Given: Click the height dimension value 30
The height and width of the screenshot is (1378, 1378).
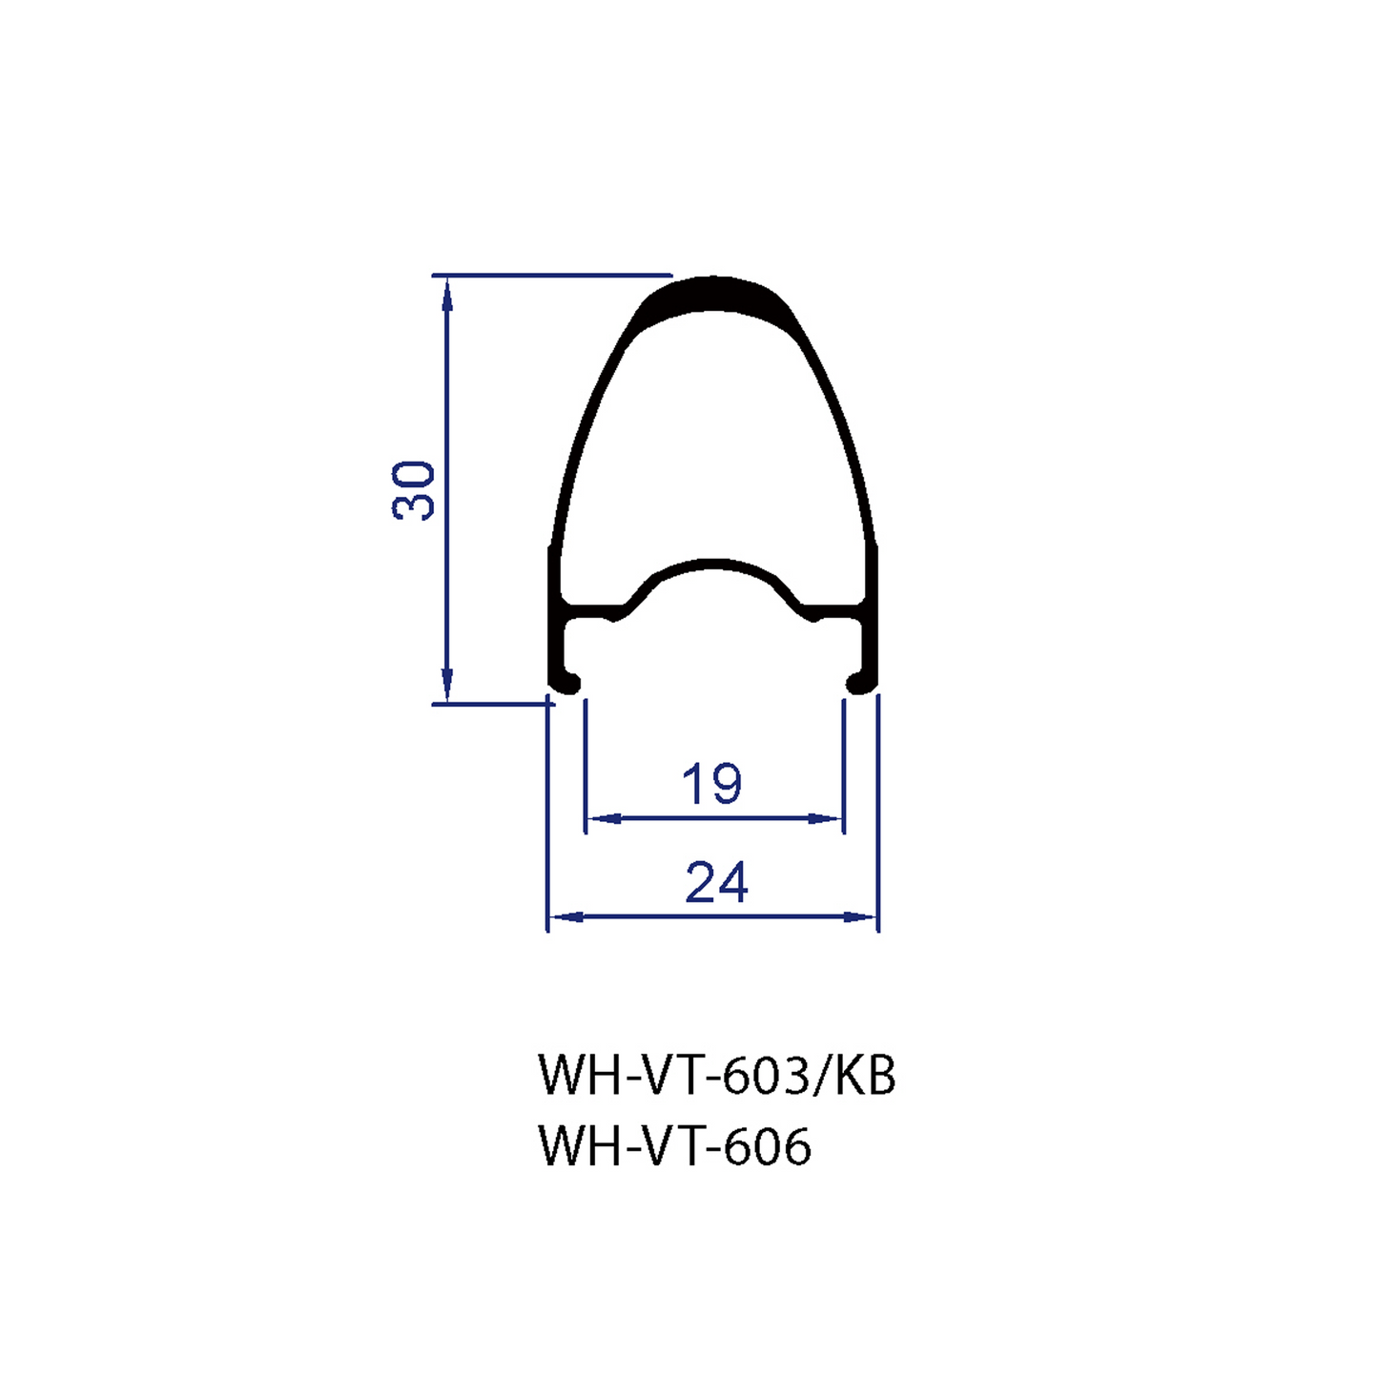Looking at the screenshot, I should click(x=414, y=489).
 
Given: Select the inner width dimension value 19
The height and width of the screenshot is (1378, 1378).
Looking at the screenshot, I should click(x=711, y=784).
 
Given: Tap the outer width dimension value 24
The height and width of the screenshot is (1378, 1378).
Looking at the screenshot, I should click(x=716, y=882).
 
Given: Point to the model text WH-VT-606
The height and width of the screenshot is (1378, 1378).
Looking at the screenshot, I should click(x=675, y=1146).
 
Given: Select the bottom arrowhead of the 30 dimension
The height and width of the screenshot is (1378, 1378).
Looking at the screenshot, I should click(x=446, y=685).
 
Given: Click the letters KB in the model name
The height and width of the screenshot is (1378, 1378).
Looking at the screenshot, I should click(x=865, y=1076).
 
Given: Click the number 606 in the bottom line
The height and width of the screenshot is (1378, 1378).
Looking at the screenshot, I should click(x=768, y=1146).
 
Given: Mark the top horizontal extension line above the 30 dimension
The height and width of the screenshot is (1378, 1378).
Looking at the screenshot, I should click(x=553, y=276).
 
